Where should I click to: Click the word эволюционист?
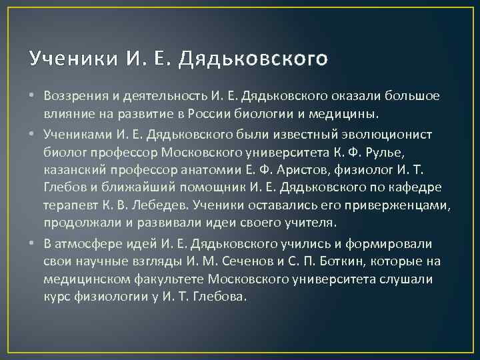pos(379,135)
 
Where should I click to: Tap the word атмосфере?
pos(83,244)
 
